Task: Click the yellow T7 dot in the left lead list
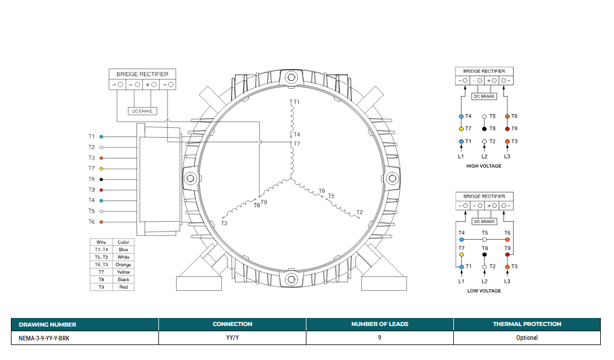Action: tap(101, 169)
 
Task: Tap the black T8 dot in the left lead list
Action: tap(101, 179)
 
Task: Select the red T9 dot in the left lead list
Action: tap(101, 190)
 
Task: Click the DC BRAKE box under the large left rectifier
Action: tap(142, 111)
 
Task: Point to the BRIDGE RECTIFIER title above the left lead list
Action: tap(142, 74)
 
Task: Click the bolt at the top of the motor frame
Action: tap(291, 77)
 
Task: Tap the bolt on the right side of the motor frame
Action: tap(392, 179)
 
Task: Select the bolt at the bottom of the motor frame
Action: tap(291, 279)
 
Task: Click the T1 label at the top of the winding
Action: tap(297, 103)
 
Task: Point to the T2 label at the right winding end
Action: tap(359, 213)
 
